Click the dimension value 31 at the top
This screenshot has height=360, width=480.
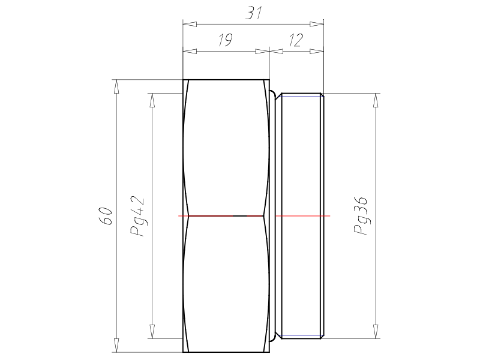coord(254,13)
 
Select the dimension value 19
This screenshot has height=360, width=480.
coord(226,40)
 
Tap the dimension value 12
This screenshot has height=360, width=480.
coord(295,40)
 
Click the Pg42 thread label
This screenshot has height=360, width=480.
coord(137,216)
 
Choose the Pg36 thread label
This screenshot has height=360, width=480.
coord(361,216)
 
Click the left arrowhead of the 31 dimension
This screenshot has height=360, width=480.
coord(190,24)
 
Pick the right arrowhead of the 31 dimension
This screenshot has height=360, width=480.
coord(317,24)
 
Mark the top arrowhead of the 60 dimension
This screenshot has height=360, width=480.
coord(116,86)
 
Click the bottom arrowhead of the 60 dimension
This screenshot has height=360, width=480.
coord(116,345)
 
